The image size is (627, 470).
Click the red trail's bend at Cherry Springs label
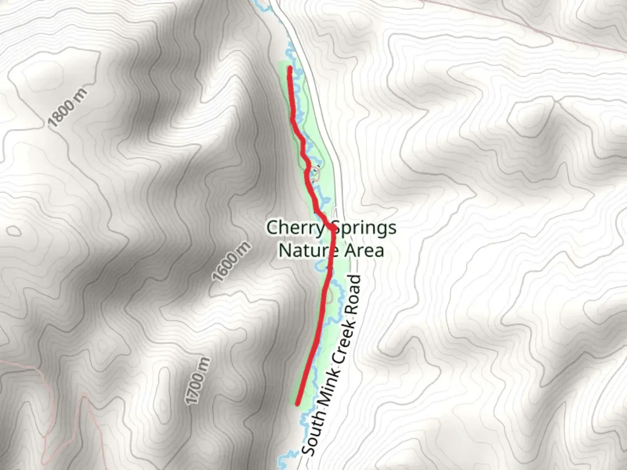(332, 228)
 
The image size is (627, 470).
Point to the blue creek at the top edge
(261, 7)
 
